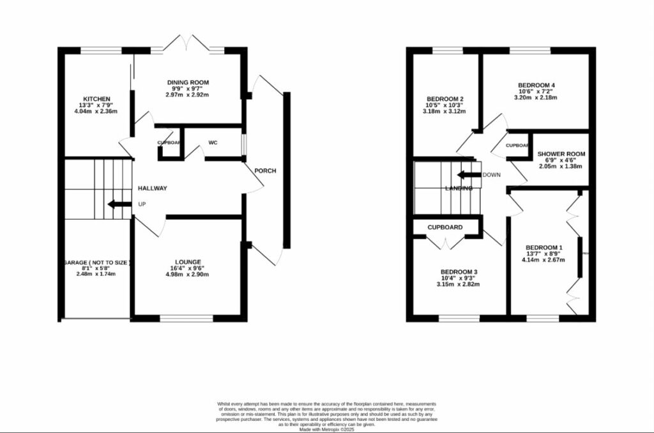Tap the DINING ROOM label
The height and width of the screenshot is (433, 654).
(x=188, y=83)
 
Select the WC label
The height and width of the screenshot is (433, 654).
(x=213, y=142)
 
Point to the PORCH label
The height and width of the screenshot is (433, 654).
(x=265, y=171)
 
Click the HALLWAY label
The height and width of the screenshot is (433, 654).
(x=153, y=188)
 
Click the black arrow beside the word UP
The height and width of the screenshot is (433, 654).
(x=118, y=204)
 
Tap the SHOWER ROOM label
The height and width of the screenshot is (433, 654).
(x=561, y=154)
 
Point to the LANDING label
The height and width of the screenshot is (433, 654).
(x=459, y=188)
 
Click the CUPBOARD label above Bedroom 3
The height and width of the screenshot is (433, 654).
(x=445, y=227)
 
